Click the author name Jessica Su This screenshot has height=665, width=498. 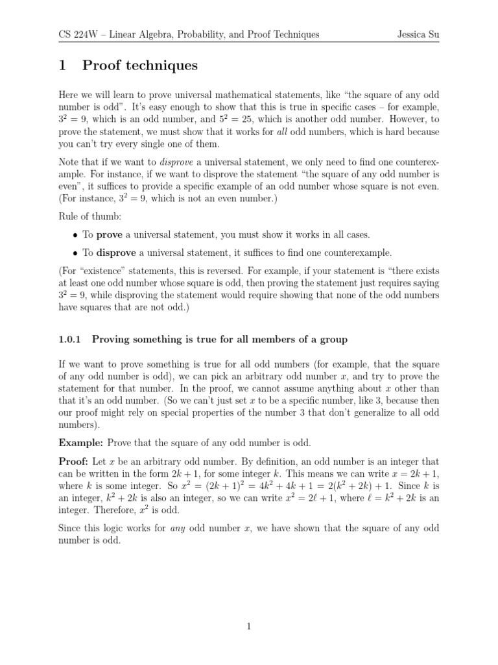pos(418,34)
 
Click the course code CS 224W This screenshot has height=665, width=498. pos(78,34)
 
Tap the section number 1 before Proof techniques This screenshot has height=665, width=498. pos(63,66)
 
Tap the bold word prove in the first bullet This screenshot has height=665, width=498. pos(109,234)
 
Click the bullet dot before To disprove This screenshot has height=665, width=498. pos(76,253)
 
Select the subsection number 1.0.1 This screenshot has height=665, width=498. pos(71,339)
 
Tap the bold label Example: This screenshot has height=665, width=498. pos(81,443)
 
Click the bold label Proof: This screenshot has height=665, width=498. pos(74,461)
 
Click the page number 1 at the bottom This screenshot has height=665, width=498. pos(249,626)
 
